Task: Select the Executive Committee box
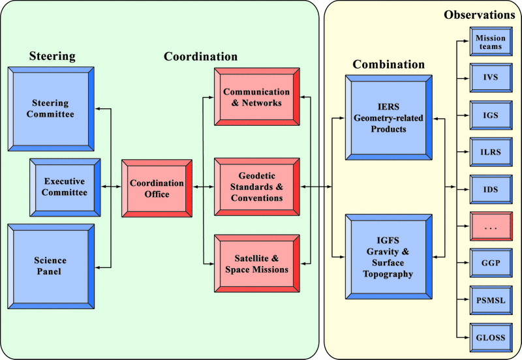pyautogui.click(x=65, y=187)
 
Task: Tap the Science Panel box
pyautogui.click(x=50, y=265)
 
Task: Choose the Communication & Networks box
pyautogui.click(x=256, y=97)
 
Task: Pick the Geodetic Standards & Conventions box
pyautogui.click(x=256, y=188)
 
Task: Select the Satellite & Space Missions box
pyautogui.click(x=256, y=263)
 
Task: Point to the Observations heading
pyautogui.click(x=480, y=14)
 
